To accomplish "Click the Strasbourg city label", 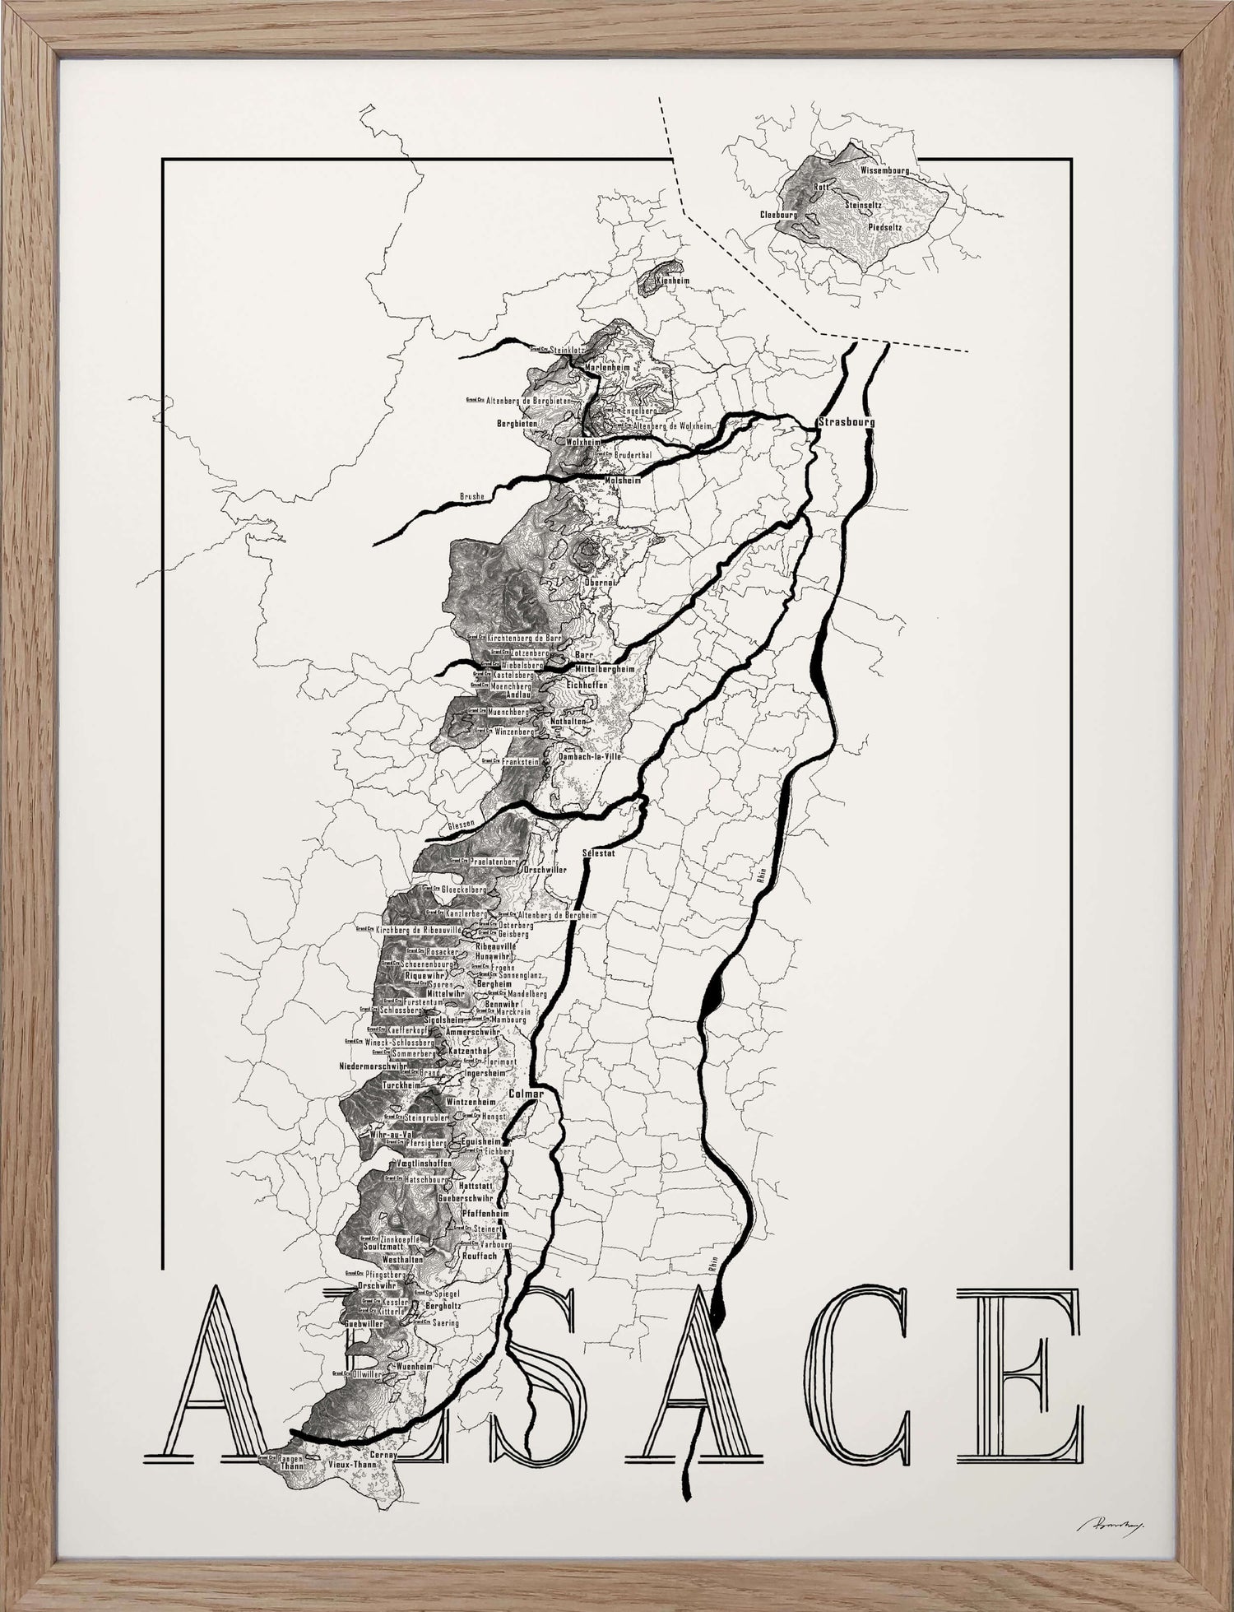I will click(x=846, y=422).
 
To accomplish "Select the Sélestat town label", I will click(x=598, y=853).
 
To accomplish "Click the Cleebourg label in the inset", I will click(x=778, y=214).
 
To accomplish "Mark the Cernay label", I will click(x=383, y=1455).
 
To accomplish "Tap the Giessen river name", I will click(x=460, y=823).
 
